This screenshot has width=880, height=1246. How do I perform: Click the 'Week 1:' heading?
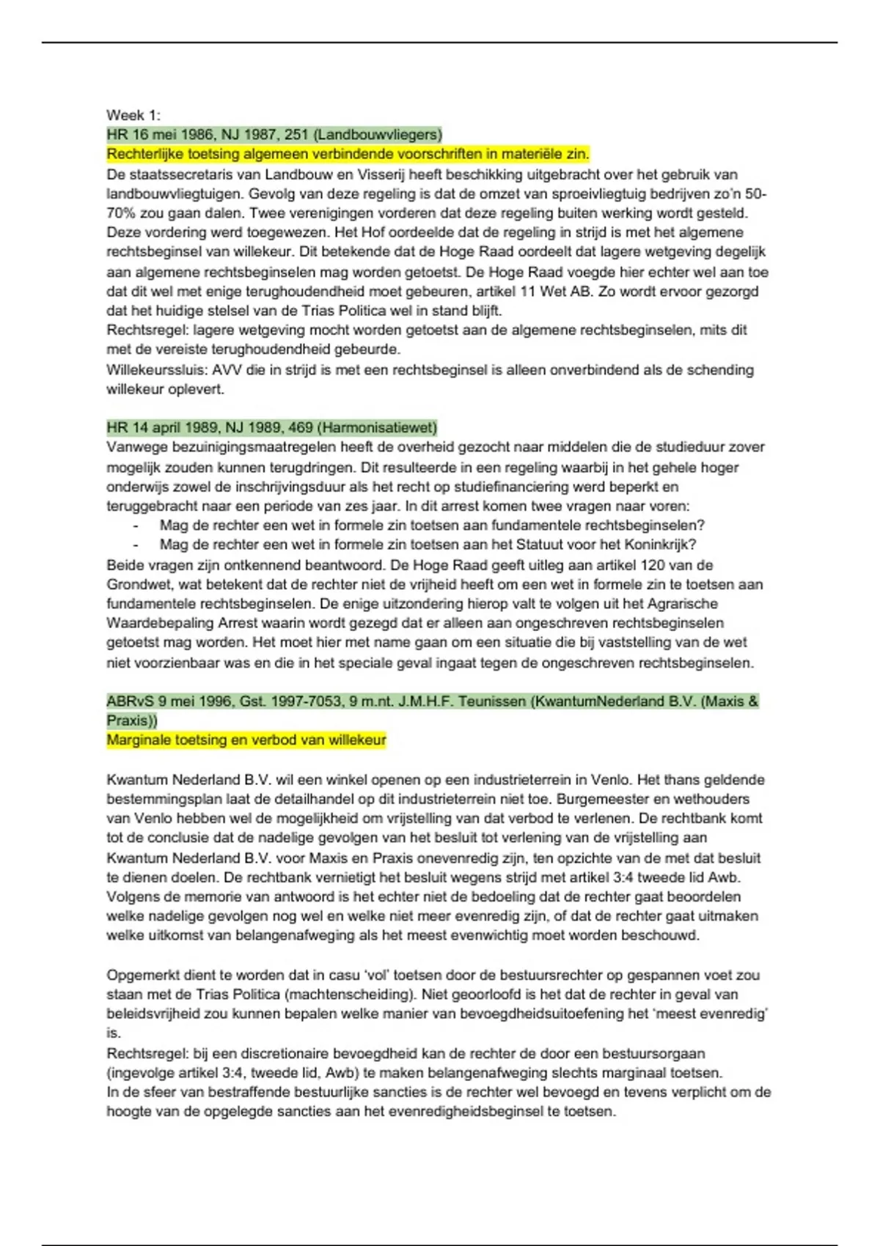click(133, 115)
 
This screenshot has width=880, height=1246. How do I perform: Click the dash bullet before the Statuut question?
click(136, 545)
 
